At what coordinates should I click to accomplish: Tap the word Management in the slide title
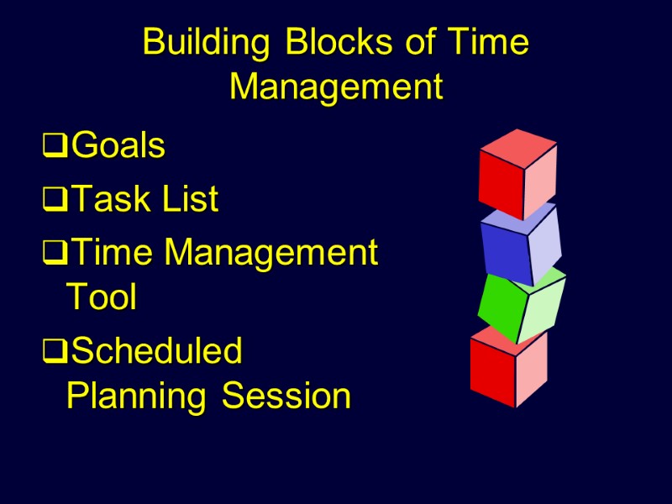pos(336,86)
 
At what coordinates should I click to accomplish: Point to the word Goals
pos(118,146)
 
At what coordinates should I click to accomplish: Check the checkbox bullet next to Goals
pos(55,148)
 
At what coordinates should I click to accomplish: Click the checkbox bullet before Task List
pos(55,202)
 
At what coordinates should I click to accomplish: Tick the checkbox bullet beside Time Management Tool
pos(55,253)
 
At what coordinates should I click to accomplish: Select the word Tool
pos(101,297)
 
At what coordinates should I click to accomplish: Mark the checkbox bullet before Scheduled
pos(55,352)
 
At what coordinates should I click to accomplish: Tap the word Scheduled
pos(157,350)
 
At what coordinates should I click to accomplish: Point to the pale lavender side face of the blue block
pos(545,244)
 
